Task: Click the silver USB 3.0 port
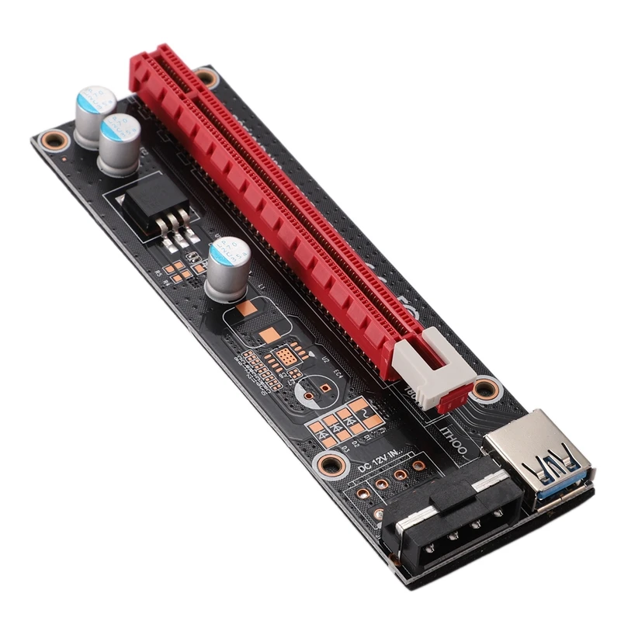(538, 458)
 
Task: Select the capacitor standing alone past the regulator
(228, 266)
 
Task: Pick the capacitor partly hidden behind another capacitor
(95, 114)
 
